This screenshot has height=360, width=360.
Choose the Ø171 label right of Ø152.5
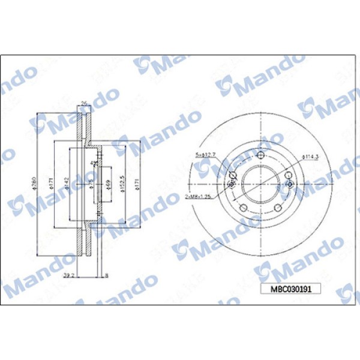(x=139, y=184)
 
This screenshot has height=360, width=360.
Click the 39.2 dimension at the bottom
(x=69, y=276)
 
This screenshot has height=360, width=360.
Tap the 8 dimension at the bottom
(x=106, y=277)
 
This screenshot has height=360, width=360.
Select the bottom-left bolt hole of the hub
(x=244, y=207)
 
